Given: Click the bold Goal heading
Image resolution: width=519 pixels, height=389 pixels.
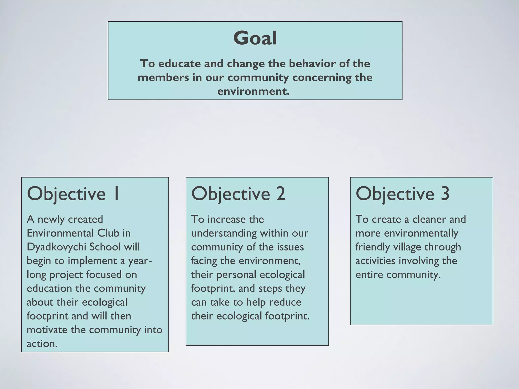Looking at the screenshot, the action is point(255,38).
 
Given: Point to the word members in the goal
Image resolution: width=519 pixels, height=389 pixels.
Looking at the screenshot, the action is point(163,77).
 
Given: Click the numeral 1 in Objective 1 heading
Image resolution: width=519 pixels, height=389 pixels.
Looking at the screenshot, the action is point(116,194).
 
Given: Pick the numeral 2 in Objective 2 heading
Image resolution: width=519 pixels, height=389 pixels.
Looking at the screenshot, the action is point(281,194).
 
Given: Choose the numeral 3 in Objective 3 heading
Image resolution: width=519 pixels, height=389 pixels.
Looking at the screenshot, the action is point(445,194).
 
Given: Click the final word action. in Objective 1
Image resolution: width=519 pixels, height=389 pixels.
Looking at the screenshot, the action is point(42,344).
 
